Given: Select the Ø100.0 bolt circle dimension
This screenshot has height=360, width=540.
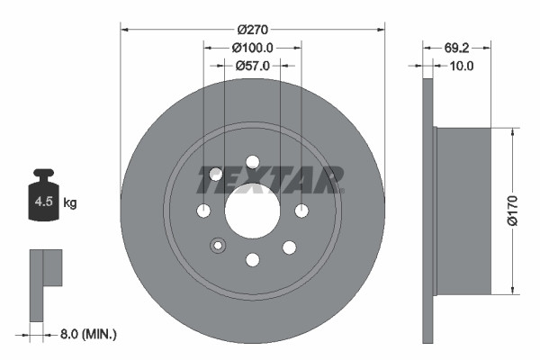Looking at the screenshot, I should tap(253, 48).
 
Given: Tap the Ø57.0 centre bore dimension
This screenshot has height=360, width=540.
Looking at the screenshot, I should tap(253, 65).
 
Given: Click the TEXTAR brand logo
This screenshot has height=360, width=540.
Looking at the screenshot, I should tap(270, 179).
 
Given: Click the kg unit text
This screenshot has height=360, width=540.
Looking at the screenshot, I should tap(69, 203).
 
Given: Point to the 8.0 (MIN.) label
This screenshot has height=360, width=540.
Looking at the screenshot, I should tap(86, 334).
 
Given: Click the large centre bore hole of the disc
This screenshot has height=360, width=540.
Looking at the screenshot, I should tap(253, 211).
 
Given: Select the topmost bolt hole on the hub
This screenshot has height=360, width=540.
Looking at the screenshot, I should tap(253, 162).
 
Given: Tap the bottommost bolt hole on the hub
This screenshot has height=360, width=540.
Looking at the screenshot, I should tap(253, 260).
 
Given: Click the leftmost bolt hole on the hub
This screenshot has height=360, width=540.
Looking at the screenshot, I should tap(204, 211).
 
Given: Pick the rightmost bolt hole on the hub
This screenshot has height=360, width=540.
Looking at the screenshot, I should tap(301, 211).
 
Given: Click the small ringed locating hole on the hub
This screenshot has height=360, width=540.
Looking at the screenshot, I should tap(217, 246).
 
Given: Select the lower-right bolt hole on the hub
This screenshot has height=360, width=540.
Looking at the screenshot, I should tap(289, 246).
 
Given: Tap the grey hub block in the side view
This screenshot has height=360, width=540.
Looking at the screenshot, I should tap(463, 211).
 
